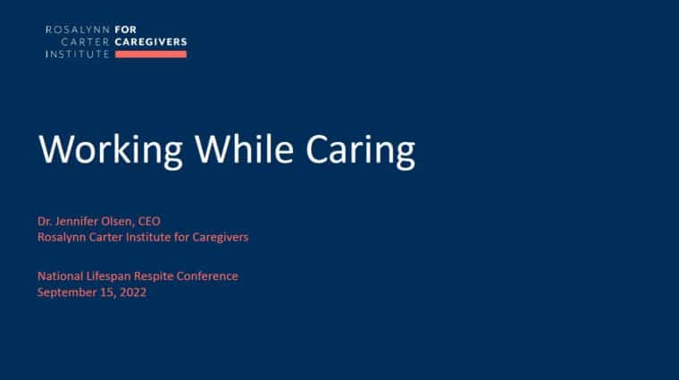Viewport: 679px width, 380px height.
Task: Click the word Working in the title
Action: (x=111, y=150)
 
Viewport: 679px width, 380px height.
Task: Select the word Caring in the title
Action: (x=360, y=150)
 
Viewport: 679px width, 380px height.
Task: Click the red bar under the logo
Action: (x=151, y=55)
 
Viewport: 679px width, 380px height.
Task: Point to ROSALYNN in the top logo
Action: (x=78, y=30)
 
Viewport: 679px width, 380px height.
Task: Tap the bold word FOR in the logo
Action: (x=126, y=30)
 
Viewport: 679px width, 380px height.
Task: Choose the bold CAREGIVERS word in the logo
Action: (x=151, y=42)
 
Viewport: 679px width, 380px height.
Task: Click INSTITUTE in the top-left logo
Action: (x=78, y=55)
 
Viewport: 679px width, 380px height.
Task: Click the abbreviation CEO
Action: (x=149, y=222)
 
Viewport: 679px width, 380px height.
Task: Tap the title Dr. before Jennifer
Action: (x=45, y=222)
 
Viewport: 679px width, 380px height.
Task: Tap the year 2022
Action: (x=133, y=292)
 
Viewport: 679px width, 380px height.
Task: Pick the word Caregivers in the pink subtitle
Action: (x=221, y=238)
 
